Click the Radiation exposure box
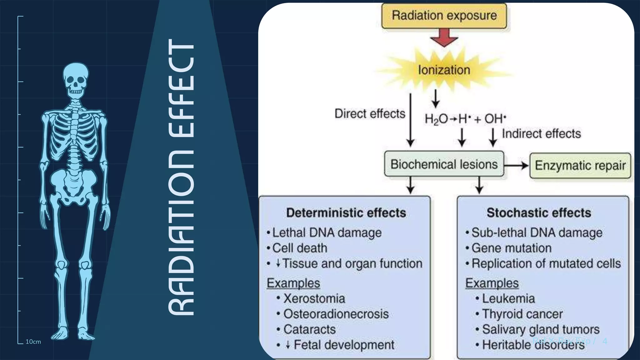444,16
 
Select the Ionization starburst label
444,70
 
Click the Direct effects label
370,114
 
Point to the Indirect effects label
541,134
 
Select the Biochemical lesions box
444,164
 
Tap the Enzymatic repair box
580,166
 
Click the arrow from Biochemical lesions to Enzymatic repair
516,165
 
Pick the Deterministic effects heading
346,213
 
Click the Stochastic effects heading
539,213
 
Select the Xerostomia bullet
314,299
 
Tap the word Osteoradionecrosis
336,314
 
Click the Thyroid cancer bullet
522,314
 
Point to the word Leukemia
508,299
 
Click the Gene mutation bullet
511,248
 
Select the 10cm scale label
33,342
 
